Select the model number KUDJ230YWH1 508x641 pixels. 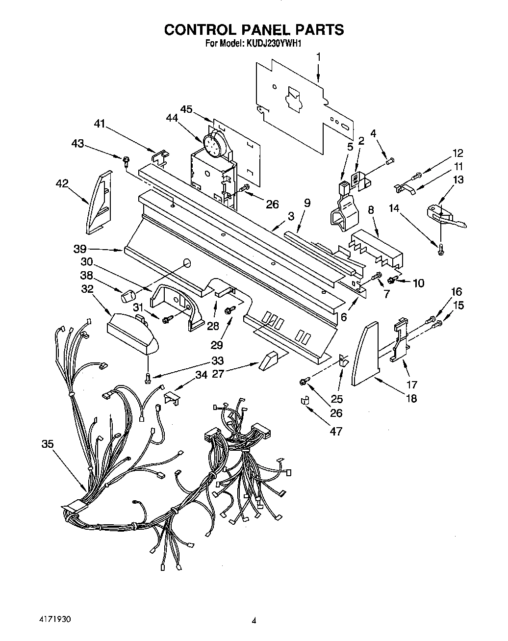click(273, 44)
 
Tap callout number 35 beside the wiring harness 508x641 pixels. click(48, 444)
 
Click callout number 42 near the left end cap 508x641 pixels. click(62, 183)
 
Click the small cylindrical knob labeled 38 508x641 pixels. click(128, 296)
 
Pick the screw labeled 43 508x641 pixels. click(126, 158)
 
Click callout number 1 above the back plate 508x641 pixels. click(318, 57)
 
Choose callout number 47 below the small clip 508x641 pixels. click(336, 431)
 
